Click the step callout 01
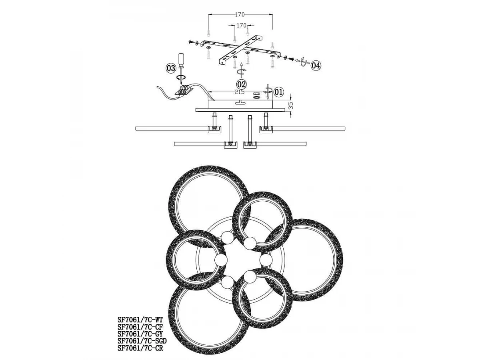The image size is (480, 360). [278, 92]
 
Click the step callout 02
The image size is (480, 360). [241, 84]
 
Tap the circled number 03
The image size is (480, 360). [171, 68]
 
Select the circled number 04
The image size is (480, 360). [316, 65]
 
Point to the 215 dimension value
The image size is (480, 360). [239, 92]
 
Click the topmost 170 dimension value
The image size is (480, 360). [240, 15]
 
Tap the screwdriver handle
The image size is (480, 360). [181, 59]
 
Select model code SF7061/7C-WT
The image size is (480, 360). [140, 320]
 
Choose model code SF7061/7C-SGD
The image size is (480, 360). [142, 340]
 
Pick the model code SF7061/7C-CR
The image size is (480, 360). [140, 348]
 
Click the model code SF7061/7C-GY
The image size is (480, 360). [140, 334]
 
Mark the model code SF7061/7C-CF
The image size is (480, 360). [140, 327]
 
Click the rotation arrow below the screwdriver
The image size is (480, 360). [181, 77]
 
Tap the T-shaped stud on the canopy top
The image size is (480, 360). [240, 102]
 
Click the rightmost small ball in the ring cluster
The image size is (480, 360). [266, 260]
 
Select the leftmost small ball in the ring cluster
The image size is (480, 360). [221, 260]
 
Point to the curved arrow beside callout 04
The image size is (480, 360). [304, 62]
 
